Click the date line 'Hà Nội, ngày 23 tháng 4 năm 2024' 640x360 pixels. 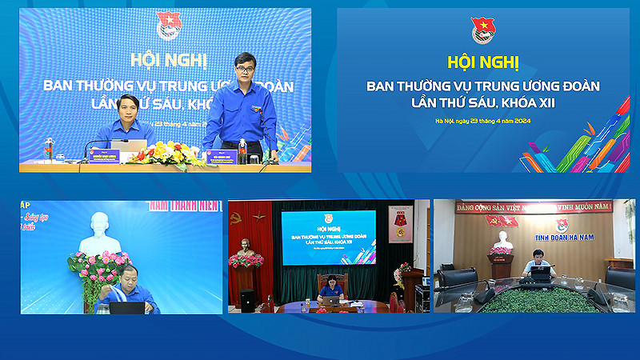tap(483, 120)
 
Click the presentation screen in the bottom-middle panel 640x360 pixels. tap(328, 237)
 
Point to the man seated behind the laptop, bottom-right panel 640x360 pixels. tap(538, 265)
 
